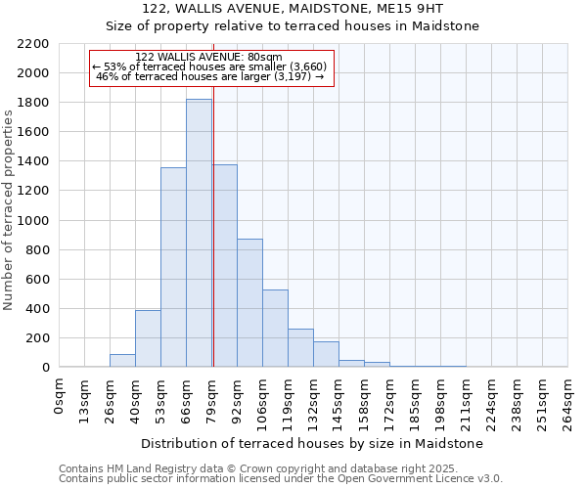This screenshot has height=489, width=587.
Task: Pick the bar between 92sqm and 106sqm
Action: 249,303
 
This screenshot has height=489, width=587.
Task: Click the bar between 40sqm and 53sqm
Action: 148,338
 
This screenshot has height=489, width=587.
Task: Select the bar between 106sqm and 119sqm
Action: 275,329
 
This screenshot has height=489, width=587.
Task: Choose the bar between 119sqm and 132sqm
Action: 300,348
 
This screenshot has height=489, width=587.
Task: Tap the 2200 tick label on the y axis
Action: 33,44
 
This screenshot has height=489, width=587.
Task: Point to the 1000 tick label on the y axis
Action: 33,221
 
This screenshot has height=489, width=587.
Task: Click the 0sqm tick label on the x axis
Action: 60,395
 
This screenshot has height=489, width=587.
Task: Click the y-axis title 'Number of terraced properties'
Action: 9,209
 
